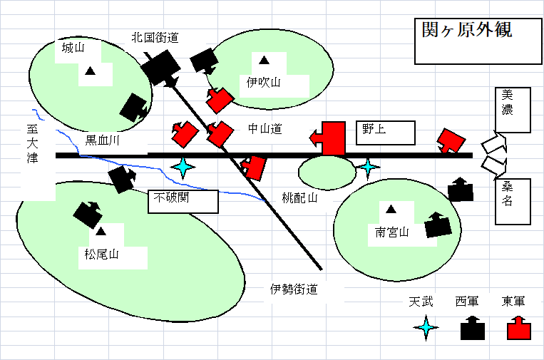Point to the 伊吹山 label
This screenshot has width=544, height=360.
tap(264, 83)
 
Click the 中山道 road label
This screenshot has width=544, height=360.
tap(265, 129)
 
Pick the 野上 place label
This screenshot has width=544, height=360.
tap(369, 129)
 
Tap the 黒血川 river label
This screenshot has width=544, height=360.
tap(103, 140)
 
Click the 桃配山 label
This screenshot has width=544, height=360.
tap(297, 198)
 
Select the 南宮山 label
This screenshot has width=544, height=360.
tap(392, 232)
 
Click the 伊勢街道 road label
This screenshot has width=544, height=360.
tap(293, 289)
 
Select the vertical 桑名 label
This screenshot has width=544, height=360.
tap(507, 192)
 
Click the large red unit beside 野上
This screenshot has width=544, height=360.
tap(332, 138)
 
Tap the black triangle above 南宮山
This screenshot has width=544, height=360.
tap(391, 210)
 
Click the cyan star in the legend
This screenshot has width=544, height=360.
tap(426, 327)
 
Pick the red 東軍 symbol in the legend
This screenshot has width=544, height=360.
tap(518, 331)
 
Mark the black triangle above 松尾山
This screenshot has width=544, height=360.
tap(101, 231)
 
